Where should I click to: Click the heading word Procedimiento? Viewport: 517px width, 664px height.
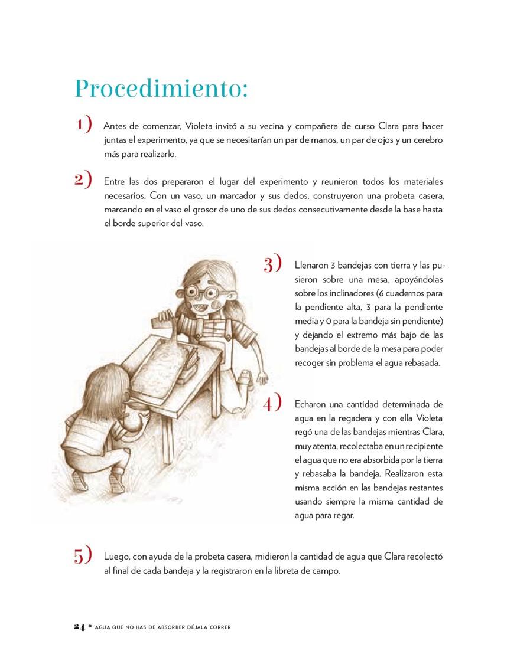pyautogui.click(x=160, y=89)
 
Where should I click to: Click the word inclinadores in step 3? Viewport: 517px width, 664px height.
pyautogui.click(x=324, y=293)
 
